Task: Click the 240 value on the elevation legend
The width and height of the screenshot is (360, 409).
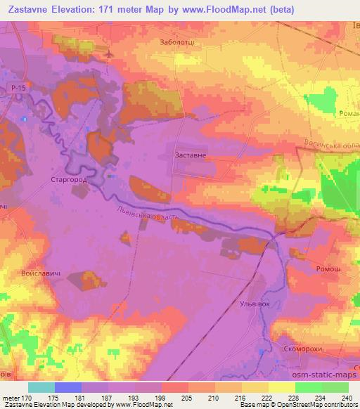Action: tap(345, 398)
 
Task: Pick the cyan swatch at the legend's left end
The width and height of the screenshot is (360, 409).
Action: tap(41, 387)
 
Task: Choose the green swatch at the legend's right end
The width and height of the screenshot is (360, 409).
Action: tap(335, 387)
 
